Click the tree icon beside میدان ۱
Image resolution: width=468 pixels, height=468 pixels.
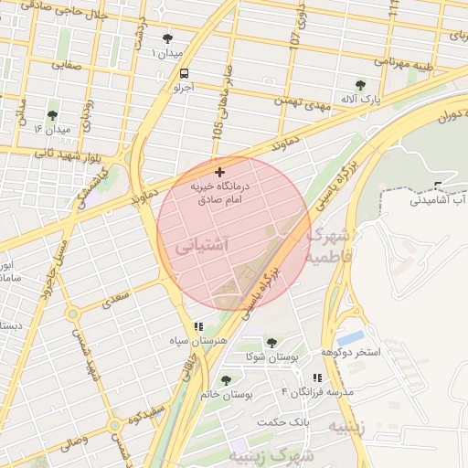click(167, 38)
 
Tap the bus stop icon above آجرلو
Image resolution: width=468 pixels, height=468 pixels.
click(186, 73)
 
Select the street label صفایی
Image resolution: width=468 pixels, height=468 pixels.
click(67, 65)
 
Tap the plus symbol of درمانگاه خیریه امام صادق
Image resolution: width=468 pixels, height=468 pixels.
click(218, 172)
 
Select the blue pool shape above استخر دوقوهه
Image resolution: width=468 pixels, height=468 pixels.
click(350, 337)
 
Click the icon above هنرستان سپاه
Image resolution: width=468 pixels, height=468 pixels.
click(197, 326)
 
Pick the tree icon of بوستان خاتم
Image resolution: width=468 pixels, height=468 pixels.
click(226, 380)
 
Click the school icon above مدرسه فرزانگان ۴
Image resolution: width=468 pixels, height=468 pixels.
click(317, 378)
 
